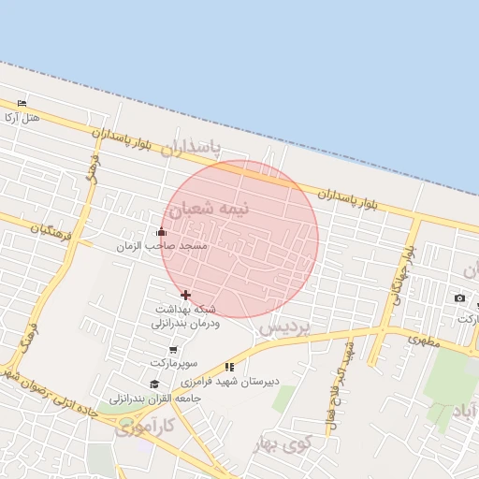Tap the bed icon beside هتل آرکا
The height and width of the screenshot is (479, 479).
point(22,103)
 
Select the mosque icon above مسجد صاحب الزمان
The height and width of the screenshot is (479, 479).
point(161,232)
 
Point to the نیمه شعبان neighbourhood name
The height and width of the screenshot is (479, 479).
point(221,208)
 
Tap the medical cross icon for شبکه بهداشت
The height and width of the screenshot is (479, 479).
point(185,295)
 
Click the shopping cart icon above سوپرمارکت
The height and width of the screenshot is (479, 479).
point(174,349)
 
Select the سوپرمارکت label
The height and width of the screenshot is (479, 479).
point(174,362)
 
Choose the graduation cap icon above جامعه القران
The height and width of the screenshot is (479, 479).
point(154,384)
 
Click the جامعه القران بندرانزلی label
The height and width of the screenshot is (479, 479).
point(142,399)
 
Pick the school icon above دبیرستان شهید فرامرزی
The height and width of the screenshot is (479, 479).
point(229,367)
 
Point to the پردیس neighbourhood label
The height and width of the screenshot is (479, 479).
point(284,328)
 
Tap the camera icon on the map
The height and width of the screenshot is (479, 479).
point(459,298)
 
